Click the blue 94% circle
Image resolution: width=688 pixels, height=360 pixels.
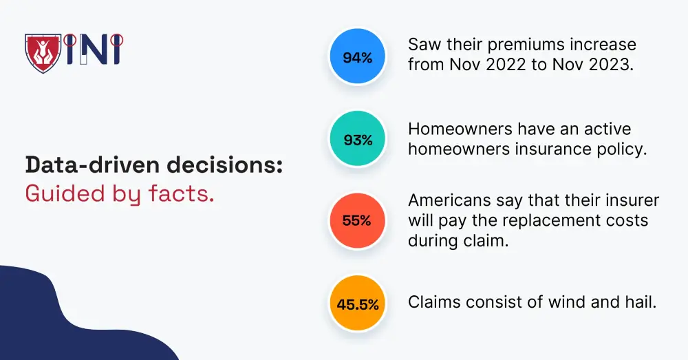coord(357,58)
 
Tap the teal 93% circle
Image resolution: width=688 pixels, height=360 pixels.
coord(357,140)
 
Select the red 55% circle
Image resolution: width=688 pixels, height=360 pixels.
coord(357,222)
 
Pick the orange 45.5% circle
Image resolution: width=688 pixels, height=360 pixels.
coord(357,304)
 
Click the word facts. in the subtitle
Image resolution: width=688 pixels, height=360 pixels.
coord(182,194)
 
